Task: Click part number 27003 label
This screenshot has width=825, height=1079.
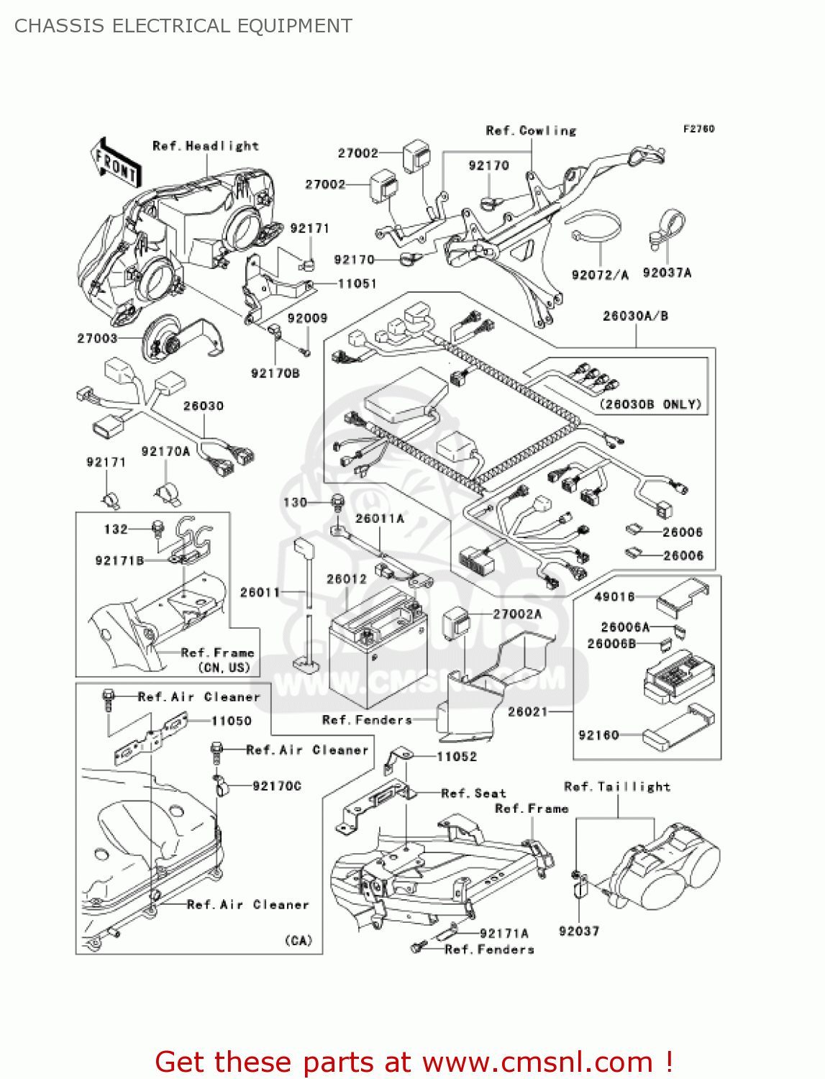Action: (x=97, y=338)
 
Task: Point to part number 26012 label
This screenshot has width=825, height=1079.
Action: (x=346, y=579)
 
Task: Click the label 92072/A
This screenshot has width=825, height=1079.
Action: (x=600, y=275)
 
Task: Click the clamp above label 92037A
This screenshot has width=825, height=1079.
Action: (x=668, y=229)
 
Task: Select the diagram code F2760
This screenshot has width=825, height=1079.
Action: (x=698, y=129)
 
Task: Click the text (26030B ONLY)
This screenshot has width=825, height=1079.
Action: (x=650, y=404)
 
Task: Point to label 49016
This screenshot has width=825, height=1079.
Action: (x=614, y=596)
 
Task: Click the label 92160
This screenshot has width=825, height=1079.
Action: (x=598, y=735)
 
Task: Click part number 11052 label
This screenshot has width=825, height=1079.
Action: (x=457, y=757)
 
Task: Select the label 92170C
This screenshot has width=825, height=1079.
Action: (x=277, y=786)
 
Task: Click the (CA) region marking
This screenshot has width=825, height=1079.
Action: (x=298, y=940)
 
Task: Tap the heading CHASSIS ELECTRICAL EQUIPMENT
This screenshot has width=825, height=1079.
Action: (x=183, y=26)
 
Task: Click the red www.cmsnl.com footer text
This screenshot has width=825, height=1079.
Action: (x=414, y=1062)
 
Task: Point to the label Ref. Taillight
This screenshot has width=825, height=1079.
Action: (x=617, y=787)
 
